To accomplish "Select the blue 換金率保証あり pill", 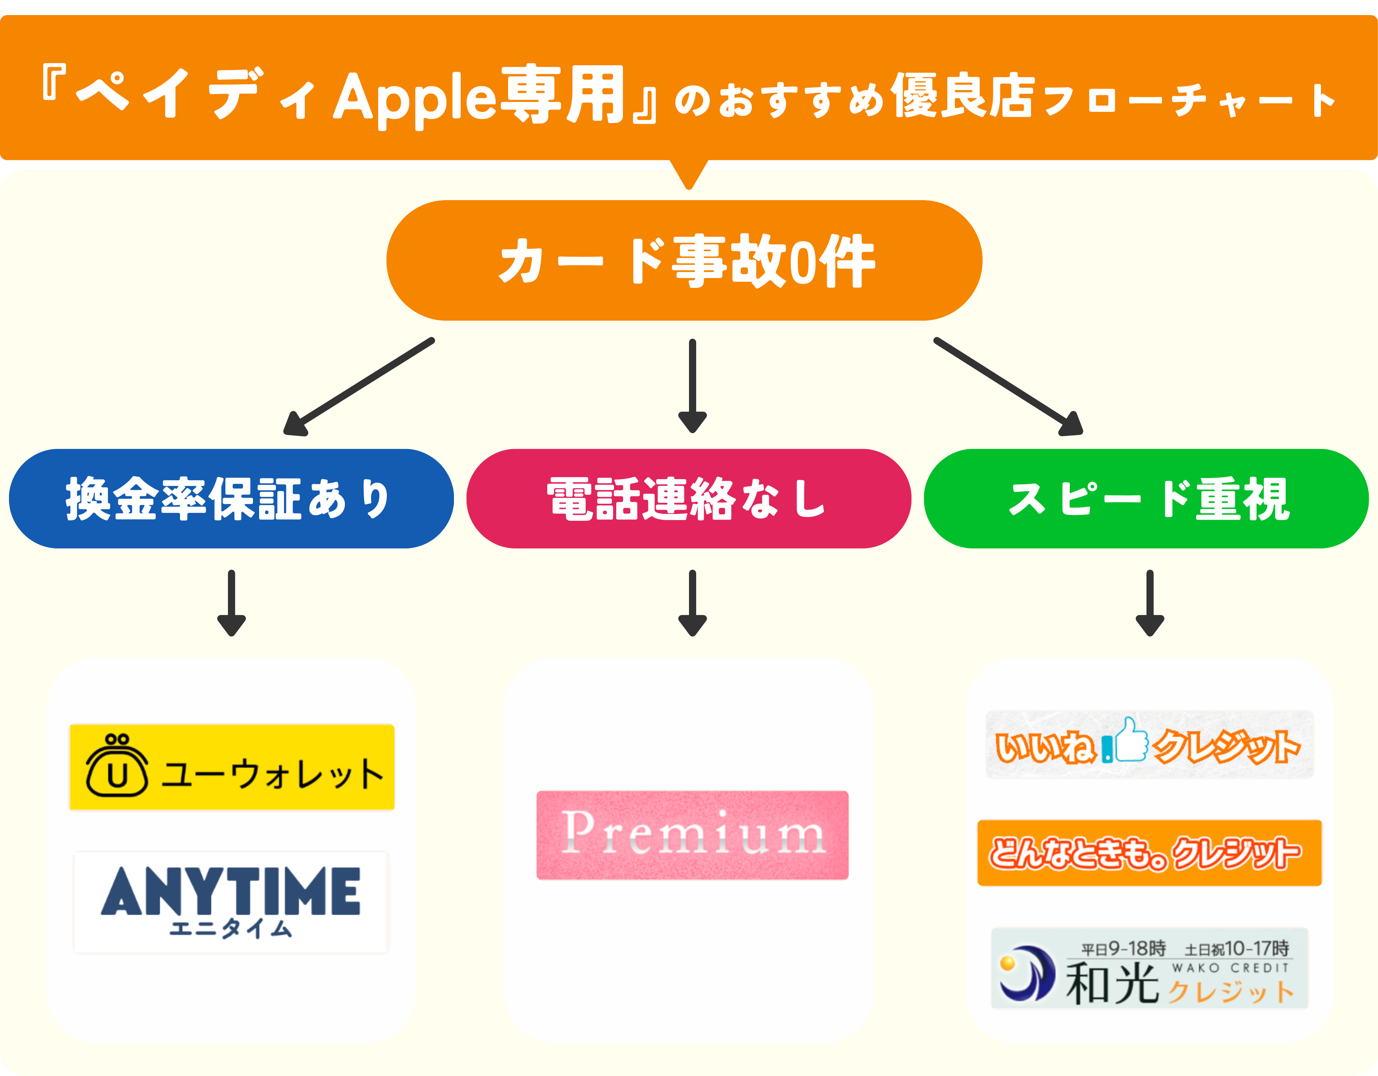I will click(x=231, y=498).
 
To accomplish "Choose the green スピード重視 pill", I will click(x=1146, y=498).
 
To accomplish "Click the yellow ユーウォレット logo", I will click(x=231, y=767).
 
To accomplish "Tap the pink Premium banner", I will click(x=692, y=834).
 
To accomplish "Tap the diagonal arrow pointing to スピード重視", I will click(x=1008, y=387).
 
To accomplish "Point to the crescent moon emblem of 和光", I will click(x=1027, y=972).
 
